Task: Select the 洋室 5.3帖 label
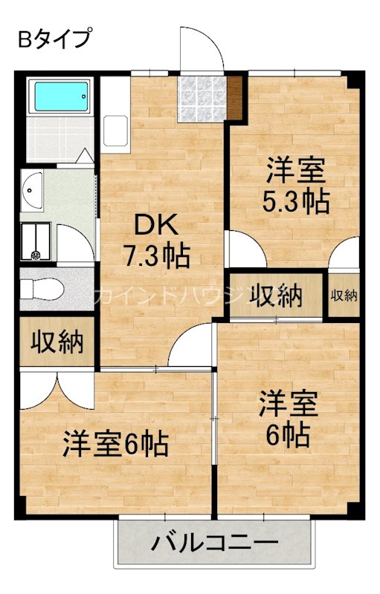pyautogui.click(x=296, y=186)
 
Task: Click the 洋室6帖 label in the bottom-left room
pyautogui.click(x=115, y=444)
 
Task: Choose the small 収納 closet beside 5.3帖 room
pyautogui.click(x=344, y=296)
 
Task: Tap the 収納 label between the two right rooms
pyautogui.click(x=275, y=296)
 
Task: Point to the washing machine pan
pyautogui.click(x=36, y=241)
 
